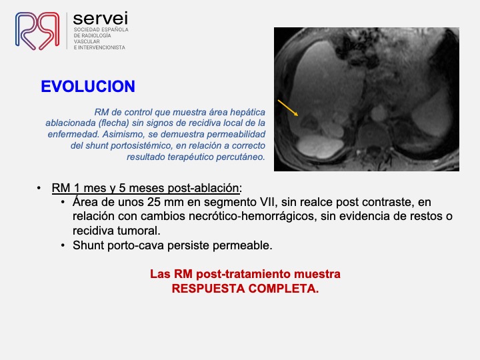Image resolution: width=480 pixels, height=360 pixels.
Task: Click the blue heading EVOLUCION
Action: coord(88,86)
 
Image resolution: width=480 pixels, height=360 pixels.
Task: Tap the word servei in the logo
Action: coord(101,19)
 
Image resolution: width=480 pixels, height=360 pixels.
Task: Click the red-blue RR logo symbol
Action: coord(37,31)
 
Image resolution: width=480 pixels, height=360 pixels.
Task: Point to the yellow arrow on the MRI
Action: coord(288,108)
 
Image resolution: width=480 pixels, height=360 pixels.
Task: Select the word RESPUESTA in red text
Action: coord(208,289)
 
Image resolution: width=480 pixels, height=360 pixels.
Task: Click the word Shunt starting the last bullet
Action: coord(89,245)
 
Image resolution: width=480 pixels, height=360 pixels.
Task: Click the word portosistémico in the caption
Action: coord(141,146)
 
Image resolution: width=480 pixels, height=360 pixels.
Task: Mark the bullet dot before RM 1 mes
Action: coord(39,188)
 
